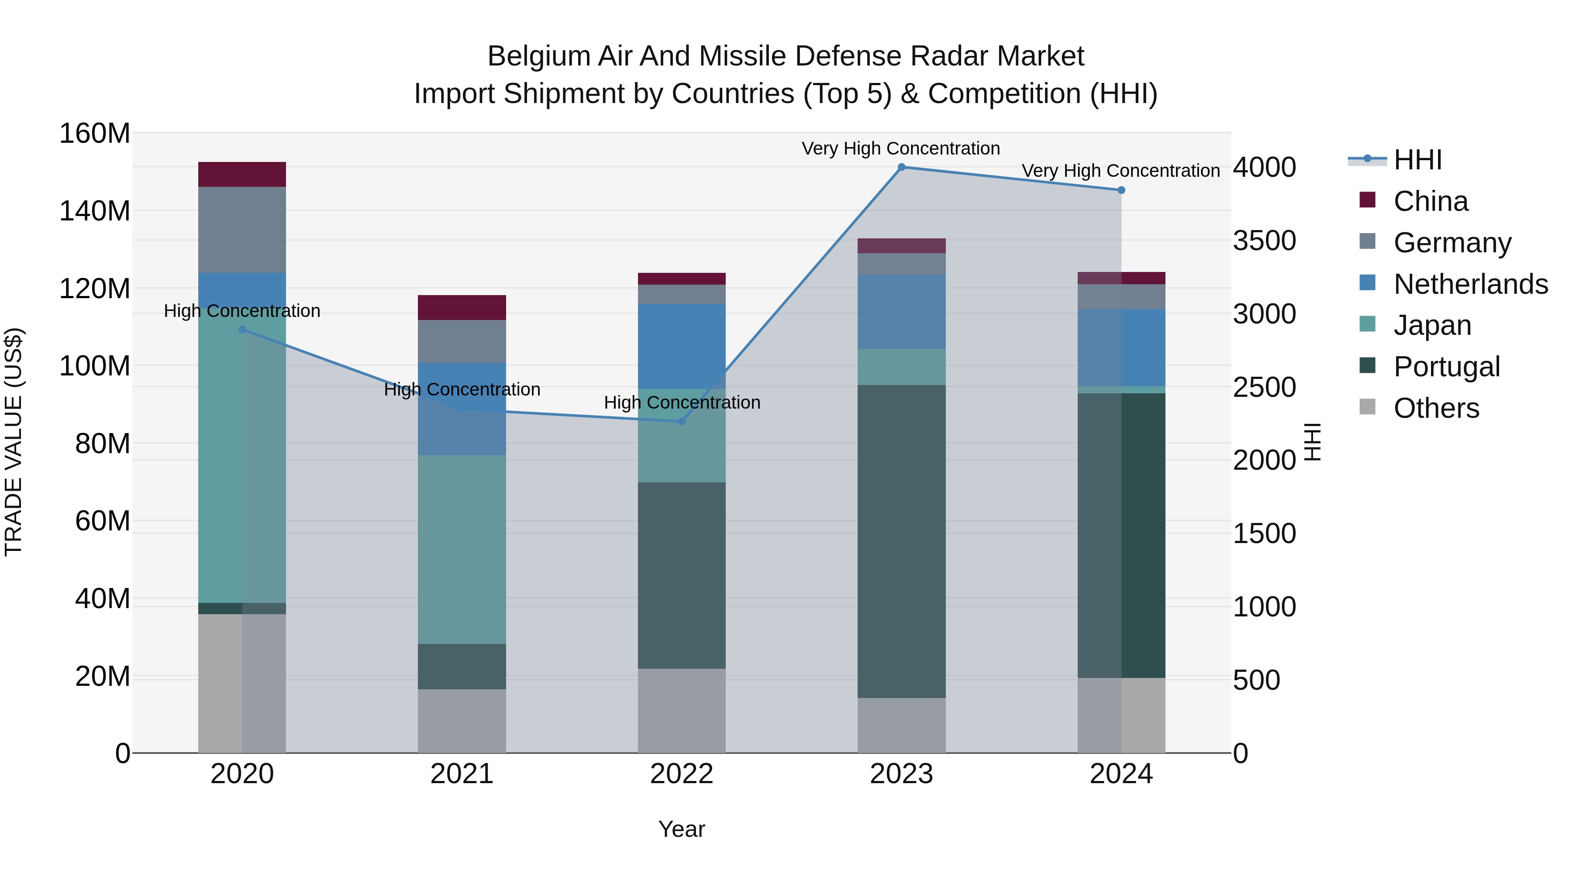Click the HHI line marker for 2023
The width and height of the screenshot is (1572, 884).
(901, 167)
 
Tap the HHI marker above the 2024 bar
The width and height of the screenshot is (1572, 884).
(1121, 190)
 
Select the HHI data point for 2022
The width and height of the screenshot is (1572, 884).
(682, 422)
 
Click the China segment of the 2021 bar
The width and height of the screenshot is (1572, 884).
(462, 307)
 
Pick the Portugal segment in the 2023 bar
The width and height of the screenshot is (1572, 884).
(901, 541)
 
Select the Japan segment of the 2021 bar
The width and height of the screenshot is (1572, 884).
(462, 549)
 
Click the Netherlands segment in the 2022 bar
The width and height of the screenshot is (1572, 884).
(682, 346)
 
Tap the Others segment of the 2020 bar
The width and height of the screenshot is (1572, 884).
(242, 683)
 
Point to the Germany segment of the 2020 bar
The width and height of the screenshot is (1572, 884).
(242, 229)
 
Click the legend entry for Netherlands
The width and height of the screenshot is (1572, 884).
(1471, 284)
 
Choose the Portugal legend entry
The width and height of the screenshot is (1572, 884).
(1446, 367)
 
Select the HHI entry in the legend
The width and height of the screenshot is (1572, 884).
(1417, 160)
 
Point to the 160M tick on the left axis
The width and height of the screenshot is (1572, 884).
(95, 134)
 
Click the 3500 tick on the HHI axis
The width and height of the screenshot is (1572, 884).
(1265, 241)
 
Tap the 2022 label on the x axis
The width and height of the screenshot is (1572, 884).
(682, 774)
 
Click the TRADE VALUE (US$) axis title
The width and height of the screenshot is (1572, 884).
(14, 442)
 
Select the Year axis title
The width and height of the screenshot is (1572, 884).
(682, 829)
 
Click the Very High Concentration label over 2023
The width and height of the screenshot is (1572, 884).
(901, 148)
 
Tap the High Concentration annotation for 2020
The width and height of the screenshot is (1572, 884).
(242, 311)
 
